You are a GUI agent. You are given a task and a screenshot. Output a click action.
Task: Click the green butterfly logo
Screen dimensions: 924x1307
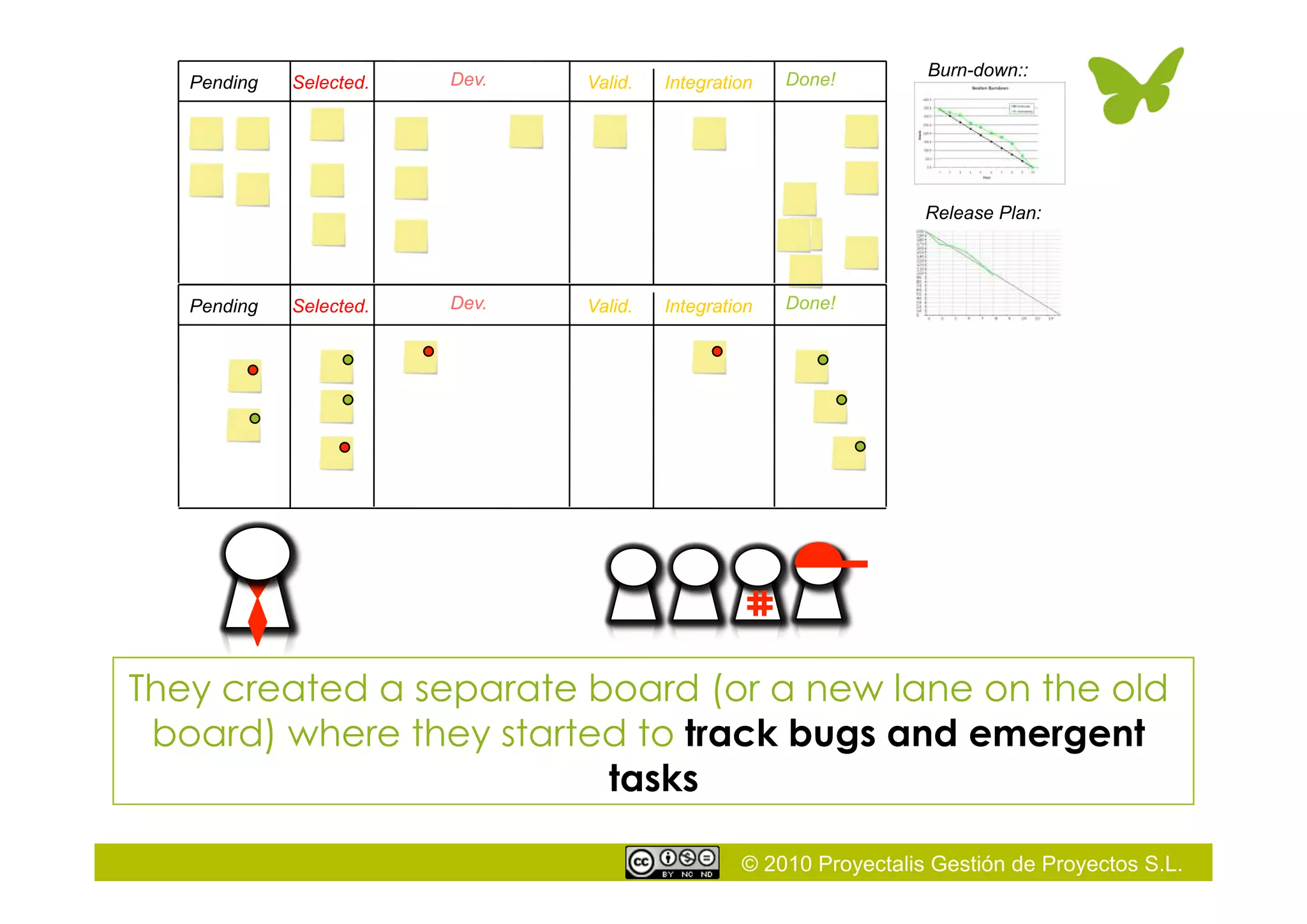coord(1135,86)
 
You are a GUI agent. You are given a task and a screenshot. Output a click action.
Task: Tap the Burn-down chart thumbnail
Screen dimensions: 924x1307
coord(989,133)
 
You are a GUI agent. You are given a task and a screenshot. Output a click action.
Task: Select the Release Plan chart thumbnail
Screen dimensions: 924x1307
coord(989,273)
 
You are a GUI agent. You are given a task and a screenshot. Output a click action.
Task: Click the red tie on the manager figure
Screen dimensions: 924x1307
coord(257,614)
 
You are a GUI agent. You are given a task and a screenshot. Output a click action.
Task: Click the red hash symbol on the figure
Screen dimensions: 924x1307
coord(759,603)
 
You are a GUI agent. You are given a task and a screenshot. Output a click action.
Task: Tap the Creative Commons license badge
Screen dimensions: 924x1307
coord(672,863)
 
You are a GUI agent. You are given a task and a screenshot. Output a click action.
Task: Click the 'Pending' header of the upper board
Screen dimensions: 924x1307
coord(224,82)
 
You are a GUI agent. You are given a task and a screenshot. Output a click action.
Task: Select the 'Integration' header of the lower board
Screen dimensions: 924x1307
coord(708,307)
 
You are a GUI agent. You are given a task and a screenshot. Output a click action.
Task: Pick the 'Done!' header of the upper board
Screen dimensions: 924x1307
coord(810,79)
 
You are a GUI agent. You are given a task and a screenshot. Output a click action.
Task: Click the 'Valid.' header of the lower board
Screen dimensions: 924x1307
coord(609,307)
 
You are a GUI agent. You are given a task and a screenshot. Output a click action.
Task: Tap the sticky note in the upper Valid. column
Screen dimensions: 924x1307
coord(609,132)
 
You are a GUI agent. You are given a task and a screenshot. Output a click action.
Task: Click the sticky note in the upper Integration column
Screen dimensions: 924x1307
coord(709,133)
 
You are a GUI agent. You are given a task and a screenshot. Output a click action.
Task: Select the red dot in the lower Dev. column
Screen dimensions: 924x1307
coord(428,351)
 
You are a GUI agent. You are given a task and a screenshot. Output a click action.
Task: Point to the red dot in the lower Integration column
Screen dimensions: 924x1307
coord(717,351)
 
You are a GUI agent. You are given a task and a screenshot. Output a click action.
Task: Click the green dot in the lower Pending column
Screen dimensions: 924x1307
coord(255,418)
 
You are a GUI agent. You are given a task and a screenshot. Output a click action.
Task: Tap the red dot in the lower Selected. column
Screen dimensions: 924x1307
coord(345,447)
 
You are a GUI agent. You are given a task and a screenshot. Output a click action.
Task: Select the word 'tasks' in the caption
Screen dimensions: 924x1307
coord(653,778)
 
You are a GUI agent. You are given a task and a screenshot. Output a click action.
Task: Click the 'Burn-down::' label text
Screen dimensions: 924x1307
coord(977,70)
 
